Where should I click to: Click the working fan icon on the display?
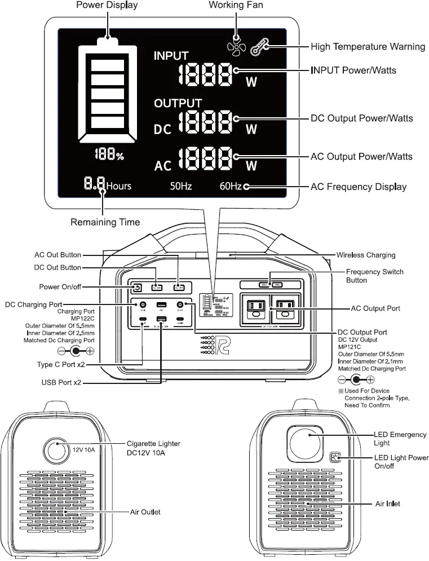click(x=236, y=46)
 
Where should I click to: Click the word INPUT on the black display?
click(x=171, y=56)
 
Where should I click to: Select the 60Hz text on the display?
click(x=231, y=186)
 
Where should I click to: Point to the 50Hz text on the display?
click(x=182, y=186)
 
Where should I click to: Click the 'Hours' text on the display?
click(x=118, y=185)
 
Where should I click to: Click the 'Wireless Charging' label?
click(x=365, y=255)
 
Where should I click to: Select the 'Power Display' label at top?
click(x=107, y=5)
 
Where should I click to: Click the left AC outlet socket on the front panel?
click(x=254, y=308)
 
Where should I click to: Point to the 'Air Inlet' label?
click(x=387, y=503)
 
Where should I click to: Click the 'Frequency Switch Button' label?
click(x=374, y=276)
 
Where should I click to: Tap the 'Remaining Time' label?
click(x=105, y=222)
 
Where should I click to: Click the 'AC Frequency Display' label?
click(x=359, y=187)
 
